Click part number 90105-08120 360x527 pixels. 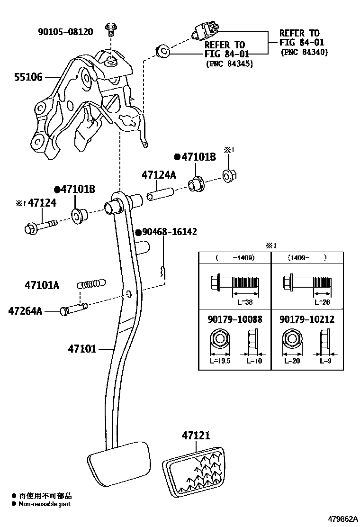(65, 32)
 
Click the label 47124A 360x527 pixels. (159, 175)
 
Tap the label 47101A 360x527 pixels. (42, 285)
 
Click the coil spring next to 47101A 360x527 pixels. (91, 285)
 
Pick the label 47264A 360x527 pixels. (25, 311)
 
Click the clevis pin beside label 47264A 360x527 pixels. (74, 310)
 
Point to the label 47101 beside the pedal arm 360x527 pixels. (82, 349)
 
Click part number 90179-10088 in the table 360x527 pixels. (234, 319)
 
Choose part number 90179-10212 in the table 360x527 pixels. (307, 319)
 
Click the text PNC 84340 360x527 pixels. (304, 52)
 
